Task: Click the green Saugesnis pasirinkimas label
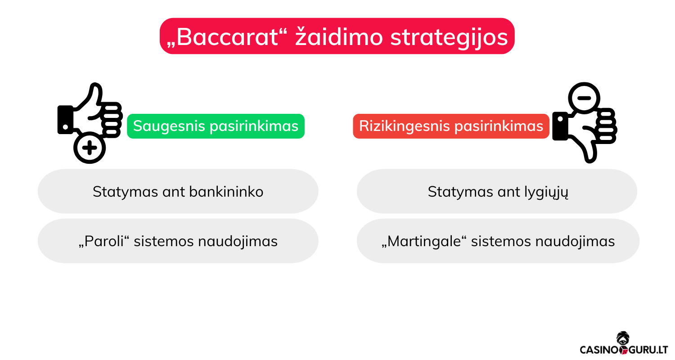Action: (216, 126)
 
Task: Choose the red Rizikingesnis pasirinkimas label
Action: (451, 126)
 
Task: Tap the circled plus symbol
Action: (90, 148)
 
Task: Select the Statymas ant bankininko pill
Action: (178, 192)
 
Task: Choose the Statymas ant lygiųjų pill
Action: (497, 192)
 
